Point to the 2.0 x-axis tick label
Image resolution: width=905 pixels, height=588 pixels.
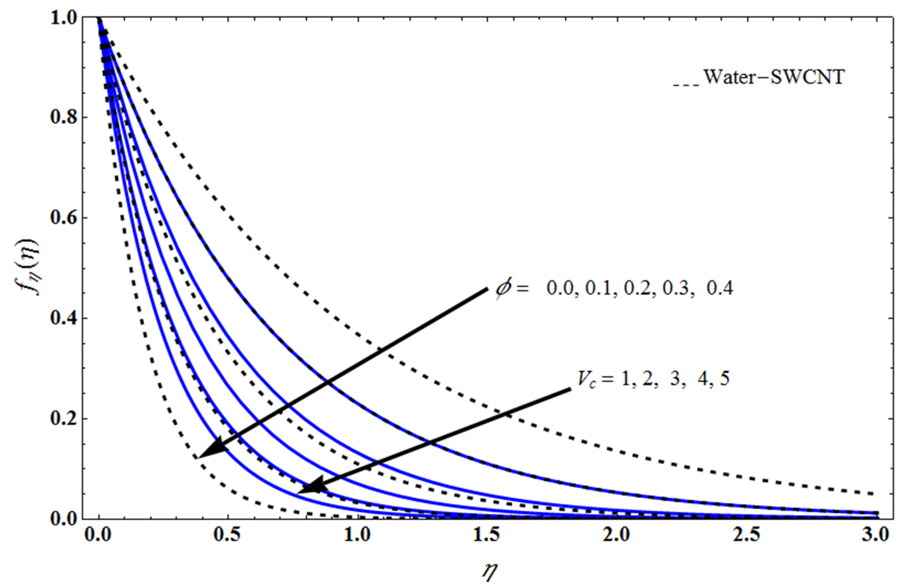(617, 536)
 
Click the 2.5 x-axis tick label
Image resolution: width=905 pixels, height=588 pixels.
(747, 536)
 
